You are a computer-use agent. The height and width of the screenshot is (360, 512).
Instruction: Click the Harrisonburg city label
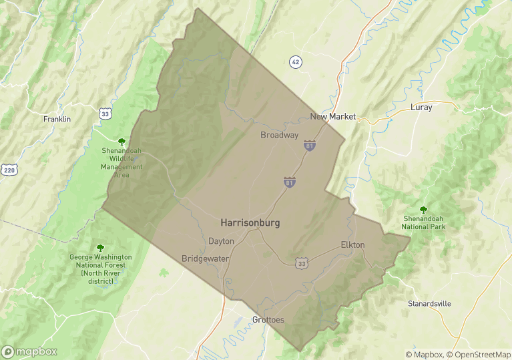click(250, 223)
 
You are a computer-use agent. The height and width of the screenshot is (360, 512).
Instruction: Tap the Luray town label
click(421, 107)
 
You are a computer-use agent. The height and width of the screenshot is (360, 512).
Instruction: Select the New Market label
click(333, 116)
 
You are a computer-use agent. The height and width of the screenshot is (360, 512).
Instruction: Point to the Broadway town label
click(279, 135)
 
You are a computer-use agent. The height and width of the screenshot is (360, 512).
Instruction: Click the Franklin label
click(57, 119)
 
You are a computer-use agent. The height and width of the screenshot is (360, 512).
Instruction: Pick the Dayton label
click(221, 241)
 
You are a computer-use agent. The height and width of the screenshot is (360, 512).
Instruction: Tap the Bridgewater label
click(206, 258)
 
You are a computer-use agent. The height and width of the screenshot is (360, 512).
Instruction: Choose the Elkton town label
click(352, 244)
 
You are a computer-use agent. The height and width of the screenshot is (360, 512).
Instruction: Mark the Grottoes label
click(268, 320)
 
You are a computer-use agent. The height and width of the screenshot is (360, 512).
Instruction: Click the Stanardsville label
click(429, 304)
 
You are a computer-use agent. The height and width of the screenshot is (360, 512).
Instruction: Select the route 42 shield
click(296, 62)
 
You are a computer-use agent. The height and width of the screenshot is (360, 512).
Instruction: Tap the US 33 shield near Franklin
click(105, 114)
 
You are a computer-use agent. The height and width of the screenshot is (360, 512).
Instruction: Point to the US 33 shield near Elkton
click(302, 263)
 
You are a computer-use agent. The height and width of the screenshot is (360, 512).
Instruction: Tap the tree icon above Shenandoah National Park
click(423, 209)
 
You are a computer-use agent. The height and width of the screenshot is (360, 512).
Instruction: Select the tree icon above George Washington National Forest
click(101, 248)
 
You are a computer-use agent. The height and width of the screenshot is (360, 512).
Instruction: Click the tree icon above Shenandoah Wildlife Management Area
click(121, 141)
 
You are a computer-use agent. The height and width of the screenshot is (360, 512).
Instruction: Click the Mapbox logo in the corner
click(29, 351)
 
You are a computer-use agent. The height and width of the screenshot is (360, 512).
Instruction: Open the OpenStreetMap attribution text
click(478, 355)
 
